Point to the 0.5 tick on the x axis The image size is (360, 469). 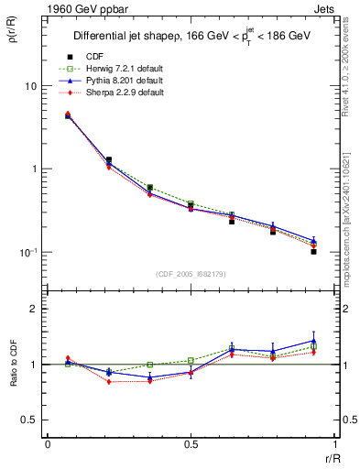190,445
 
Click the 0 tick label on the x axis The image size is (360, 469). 48,445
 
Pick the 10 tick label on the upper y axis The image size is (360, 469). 29,86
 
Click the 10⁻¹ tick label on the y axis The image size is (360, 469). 27,253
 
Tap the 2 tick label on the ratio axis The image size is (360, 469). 33,310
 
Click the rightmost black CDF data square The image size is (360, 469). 313,251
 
